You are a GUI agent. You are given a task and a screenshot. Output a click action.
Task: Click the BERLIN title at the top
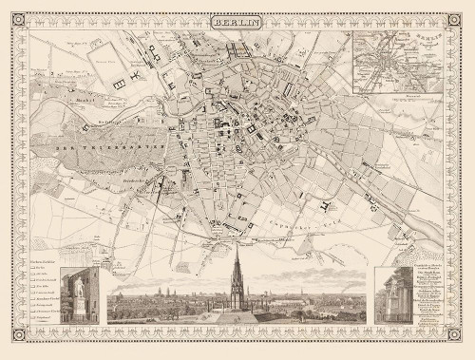[237, 19]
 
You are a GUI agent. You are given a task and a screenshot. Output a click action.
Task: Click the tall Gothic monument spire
[236, 275]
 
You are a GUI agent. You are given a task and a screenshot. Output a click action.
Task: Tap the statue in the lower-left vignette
[79, 295]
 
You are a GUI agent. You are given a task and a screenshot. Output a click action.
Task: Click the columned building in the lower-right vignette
[394, 296]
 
